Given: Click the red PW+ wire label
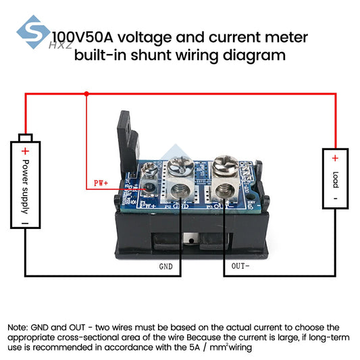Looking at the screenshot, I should tap(101, 183).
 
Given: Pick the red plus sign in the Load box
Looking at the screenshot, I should tap(334, 158).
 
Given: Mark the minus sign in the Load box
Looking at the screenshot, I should tap(334, 199).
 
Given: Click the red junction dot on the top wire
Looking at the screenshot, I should tap(86, 95).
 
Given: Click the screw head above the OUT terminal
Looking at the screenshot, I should tap(222, 164).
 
